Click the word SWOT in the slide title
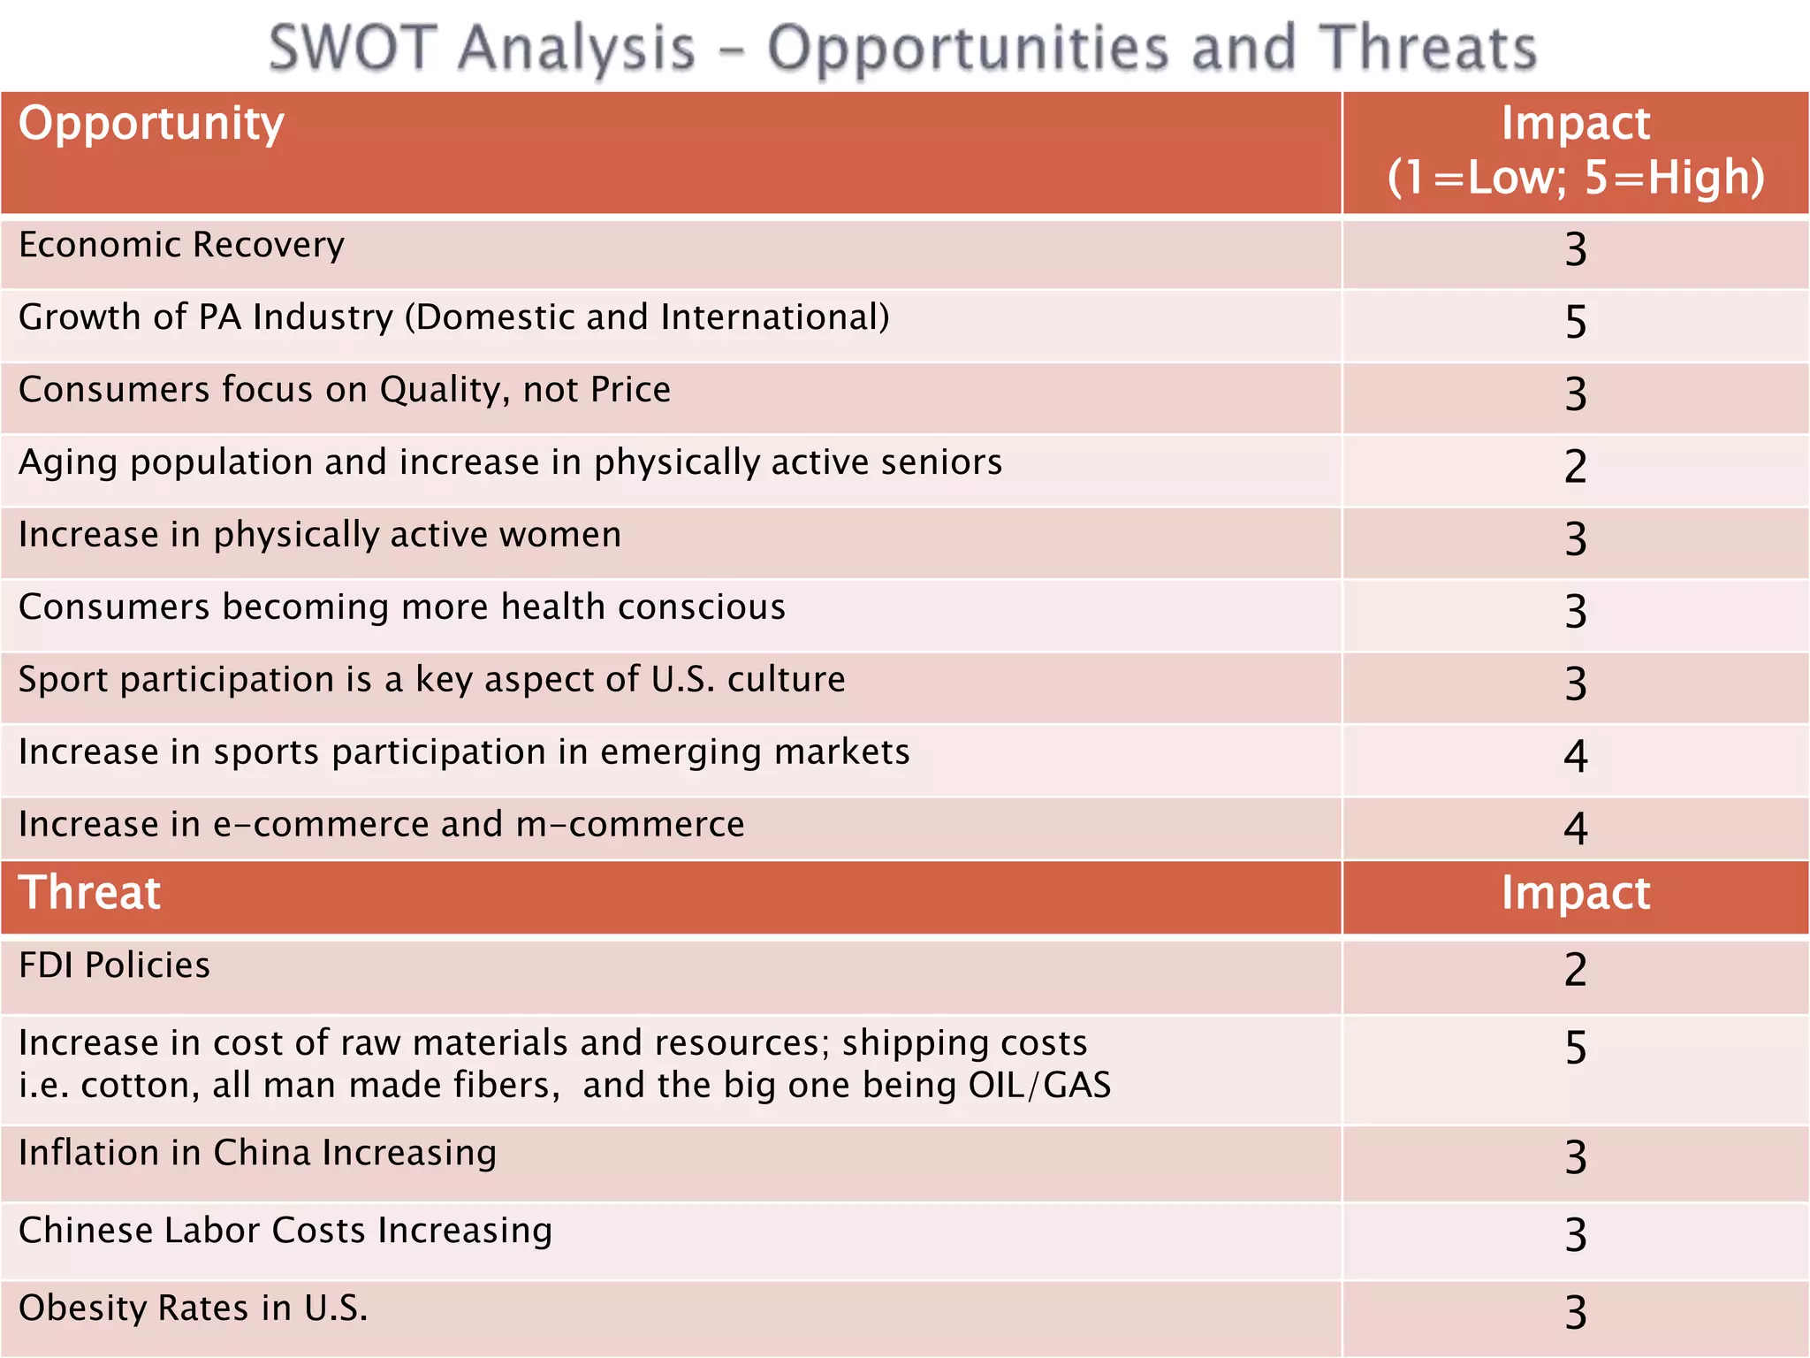pyautogui.click(x=353, y=48)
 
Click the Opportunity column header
pyautogui.click(x=151, y=124)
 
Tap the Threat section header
pyautogui.click(x=89, y=892)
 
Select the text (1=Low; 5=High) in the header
pyautogui.click(x=1575, y=177)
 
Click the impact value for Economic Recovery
pyautogui.click(x=1575, y=250)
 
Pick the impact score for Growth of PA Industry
pyautogui.click(x=1575, y=323)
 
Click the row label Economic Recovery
pyautogui.click(x=181, y=246)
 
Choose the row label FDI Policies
pyautogui.click(x=114, y=965)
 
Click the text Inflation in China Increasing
pyautogui.click(x=257, y=1153)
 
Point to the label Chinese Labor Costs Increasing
pyautogui.click(x=285, y=1231)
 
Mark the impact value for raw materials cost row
pyautogui.click(x=1575, y=1049)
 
